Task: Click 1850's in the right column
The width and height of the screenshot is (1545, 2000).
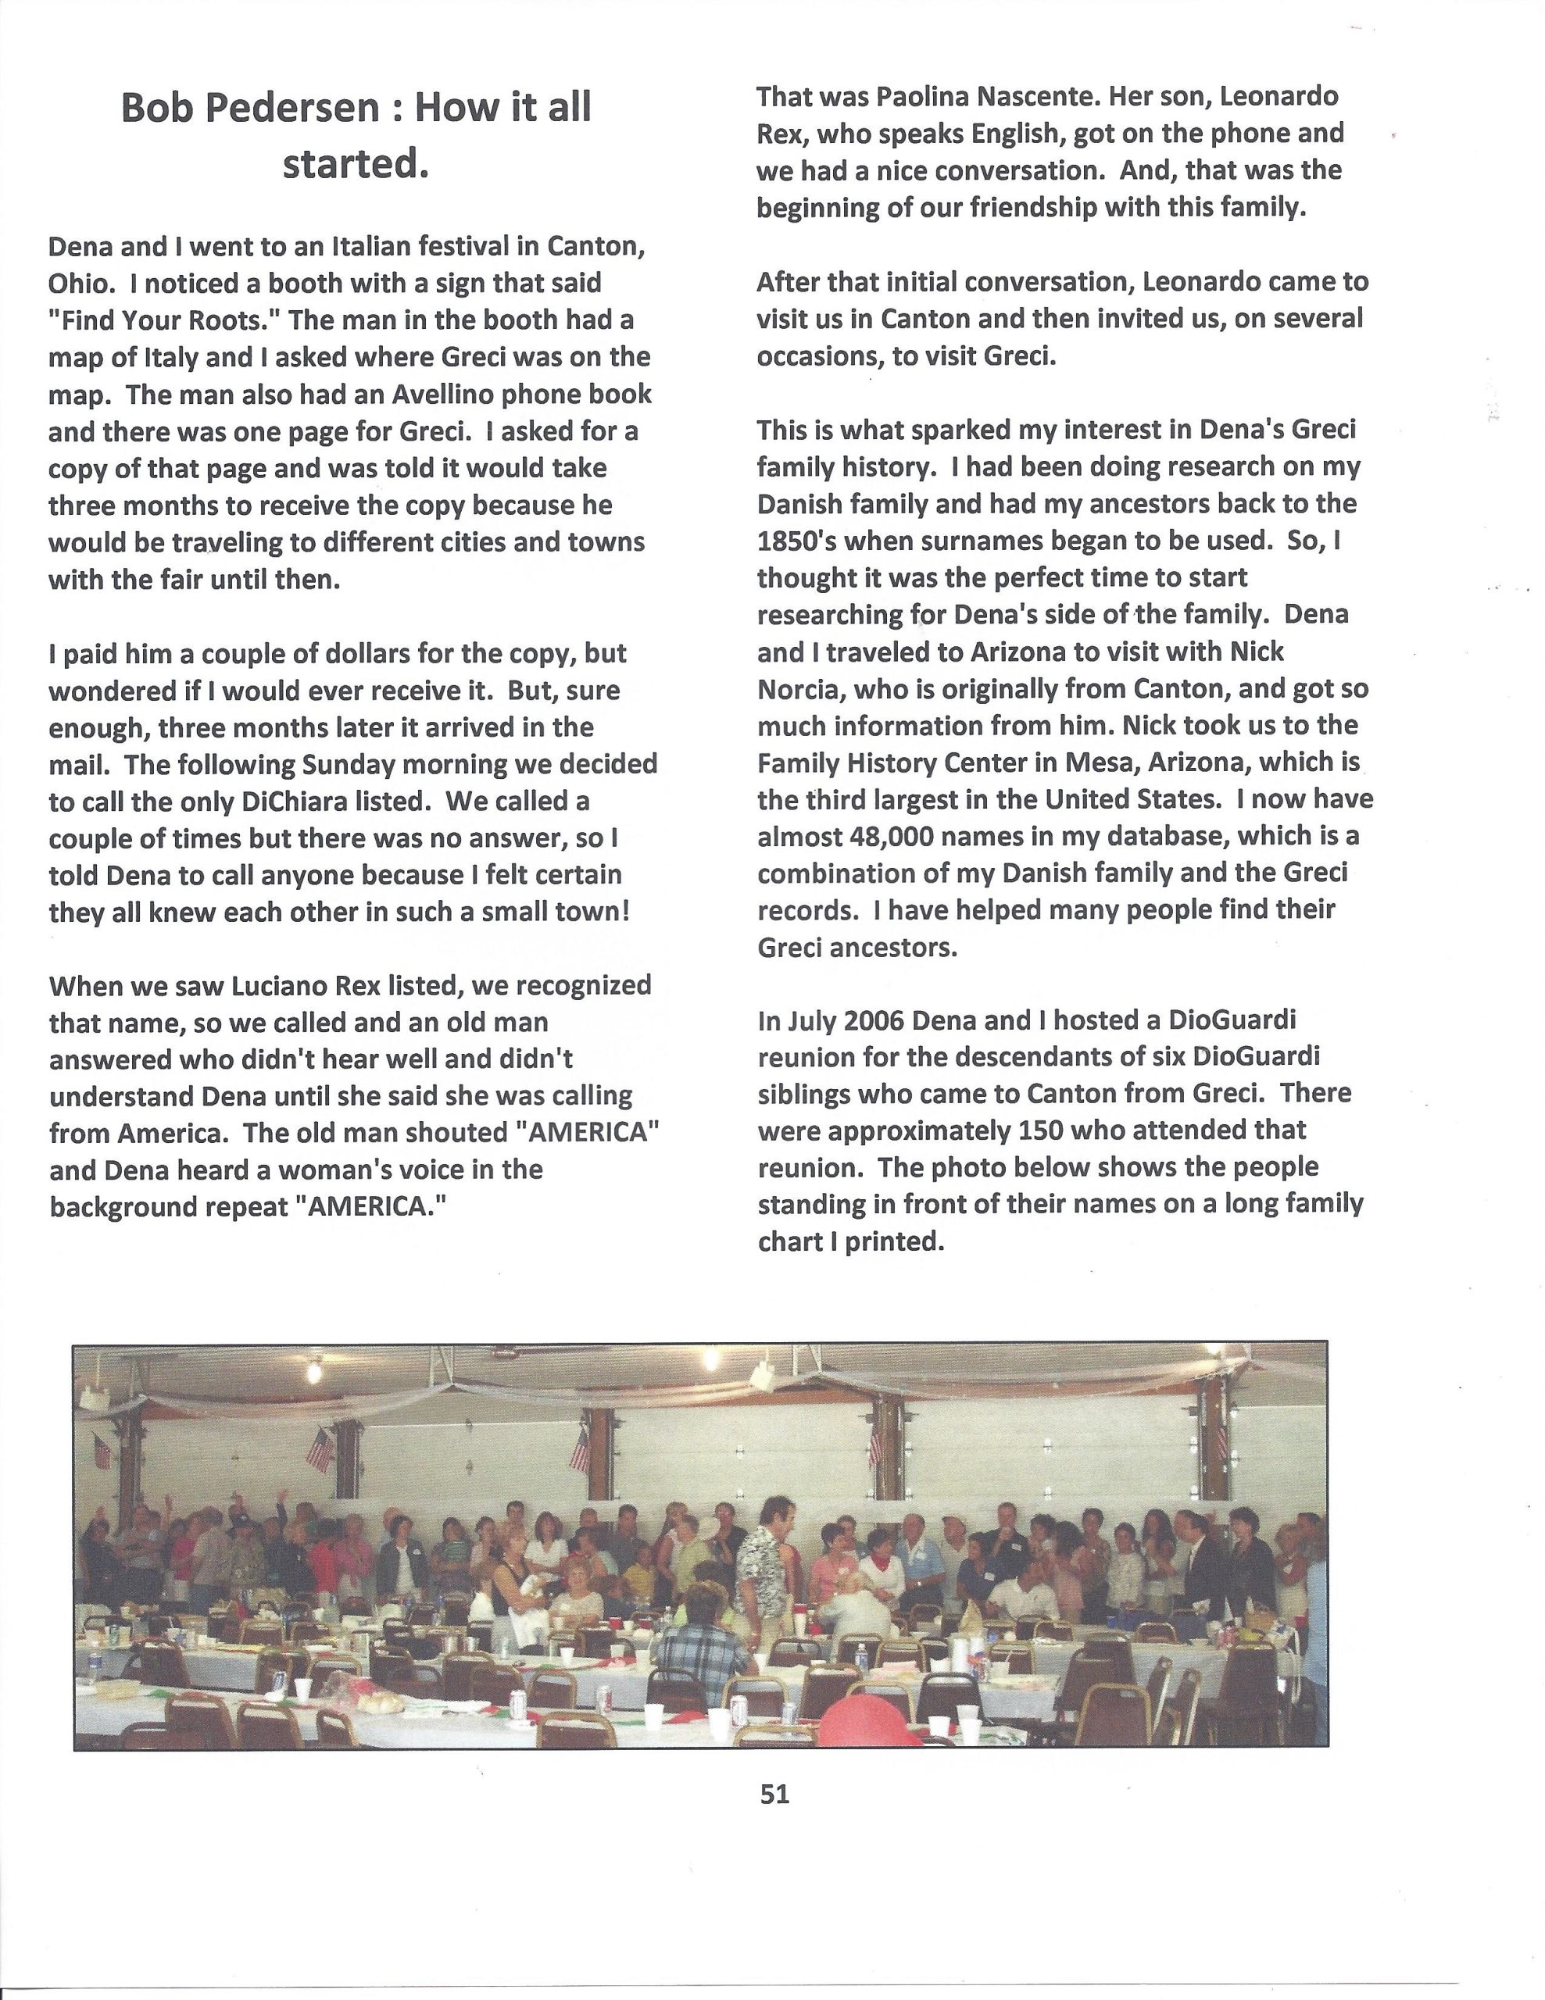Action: [792, 541]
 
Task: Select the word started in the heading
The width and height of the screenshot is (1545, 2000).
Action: [356, 165]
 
